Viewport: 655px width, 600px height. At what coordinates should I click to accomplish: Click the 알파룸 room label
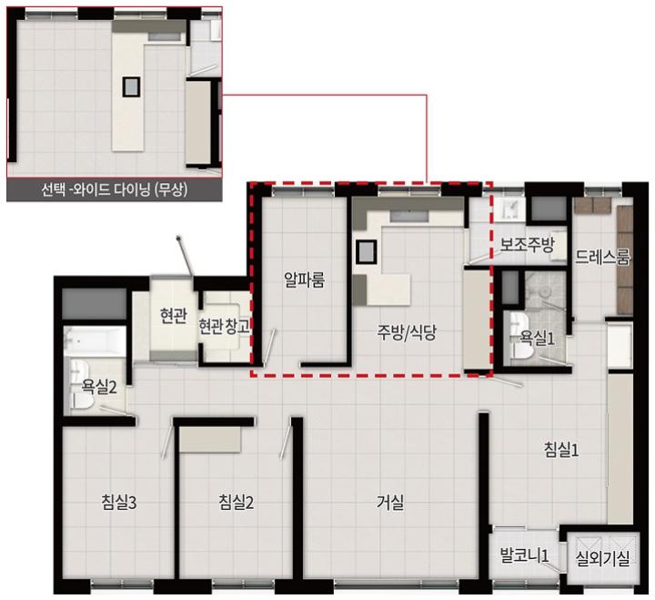coord(304,280)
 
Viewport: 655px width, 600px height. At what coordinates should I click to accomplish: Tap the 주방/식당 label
coord(407,333)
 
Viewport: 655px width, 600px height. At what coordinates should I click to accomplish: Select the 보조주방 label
coord(527,245)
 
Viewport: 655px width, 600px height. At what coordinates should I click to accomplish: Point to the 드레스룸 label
coord(602,257)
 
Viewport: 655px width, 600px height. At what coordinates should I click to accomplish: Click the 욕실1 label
coord(538,338)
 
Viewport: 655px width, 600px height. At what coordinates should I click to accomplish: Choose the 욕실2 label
coord(99,388)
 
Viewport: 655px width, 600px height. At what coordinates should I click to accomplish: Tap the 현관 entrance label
coord(174,316)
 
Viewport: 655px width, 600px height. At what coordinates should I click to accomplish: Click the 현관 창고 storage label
coord(224,326)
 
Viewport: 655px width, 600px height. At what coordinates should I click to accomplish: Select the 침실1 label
coord(561,450)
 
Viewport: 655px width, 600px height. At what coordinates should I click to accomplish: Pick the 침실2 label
coord(236,503)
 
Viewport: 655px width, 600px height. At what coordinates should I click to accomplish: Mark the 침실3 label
coord(118,503)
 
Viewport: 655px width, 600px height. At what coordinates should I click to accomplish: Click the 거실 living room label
coord(390,503)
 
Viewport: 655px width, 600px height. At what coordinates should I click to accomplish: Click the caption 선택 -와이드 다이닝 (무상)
coord(114,190)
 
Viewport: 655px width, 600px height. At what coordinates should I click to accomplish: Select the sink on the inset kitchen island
coord(132,87)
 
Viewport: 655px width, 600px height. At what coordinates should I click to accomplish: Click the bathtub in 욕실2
coord(95,341)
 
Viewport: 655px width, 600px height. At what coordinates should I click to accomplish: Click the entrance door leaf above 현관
coord(185,257)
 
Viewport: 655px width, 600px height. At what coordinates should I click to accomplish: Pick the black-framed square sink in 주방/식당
coord(366,251)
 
